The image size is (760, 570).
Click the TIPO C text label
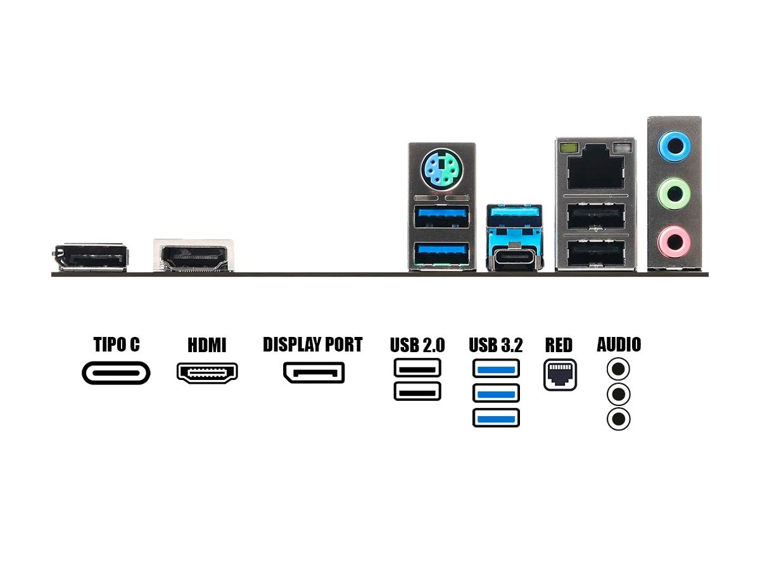point(117,345)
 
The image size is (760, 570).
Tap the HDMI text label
point(206,346)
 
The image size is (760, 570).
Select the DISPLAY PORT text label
point(312,345)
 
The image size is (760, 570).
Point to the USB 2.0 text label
point(417,346)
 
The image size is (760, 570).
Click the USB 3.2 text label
point(496,346)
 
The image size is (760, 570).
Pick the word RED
point(559,346)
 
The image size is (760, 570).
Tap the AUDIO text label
point(619,345)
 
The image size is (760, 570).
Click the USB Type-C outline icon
point(117,373)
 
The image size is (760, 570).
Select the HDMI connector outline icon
point(207,373)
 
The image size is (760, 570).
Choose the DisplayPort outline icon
point(313,373)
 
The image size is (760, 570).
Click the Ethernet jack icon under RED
point(560,375)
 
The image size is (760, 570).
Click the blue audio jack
point(673,146)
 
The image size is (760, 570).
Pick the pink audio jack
point(673,240)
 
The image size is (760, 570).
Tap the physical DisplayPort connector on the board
point(91,258)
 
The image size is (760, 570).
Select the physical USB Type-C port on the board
point(514,258)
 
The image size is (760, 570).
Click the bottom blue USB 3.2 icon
point(496,418)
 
